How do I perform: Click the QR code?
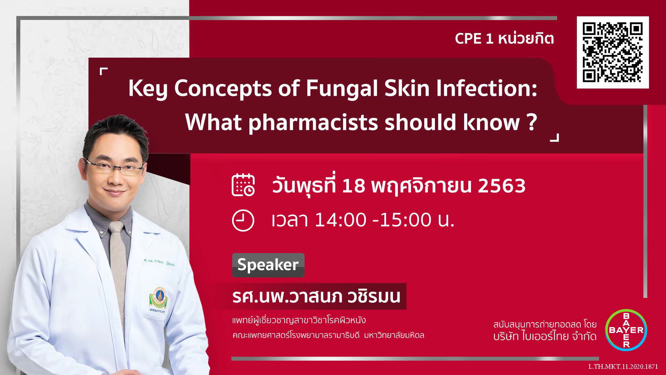tap(613, 52)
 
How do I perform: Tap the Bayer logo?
tap(626, 330)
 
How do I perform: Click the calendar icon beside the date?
tap(243, 185)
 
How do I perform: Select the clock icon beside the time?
tap(243, 220)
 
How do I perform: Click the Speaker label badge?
tap(268, 265)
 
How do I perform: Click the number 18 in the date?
tap(353, 186)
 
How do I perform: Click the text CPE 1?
tap(474, 39)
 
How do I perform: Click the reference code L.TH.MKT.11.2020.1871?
tap(623, 367)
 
